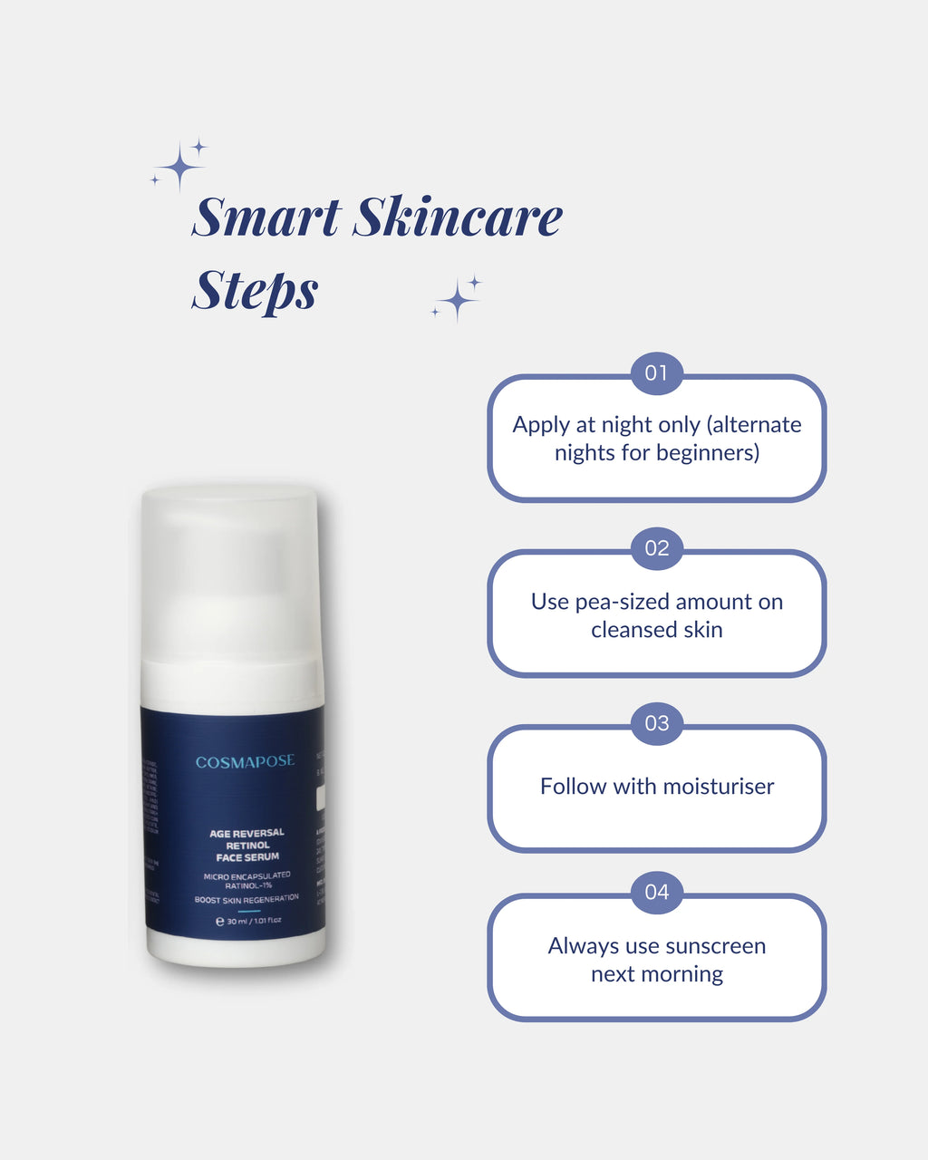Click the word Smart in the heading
pos(266,217)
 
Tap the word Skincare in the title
pos(458,217)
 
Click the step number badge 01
pos(656,373)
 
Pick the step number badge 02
pos(656,548)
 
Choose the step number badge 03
pos(656,723)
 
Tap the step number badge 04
pos(656,893)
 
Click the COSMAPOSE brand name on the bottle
pos(246,762)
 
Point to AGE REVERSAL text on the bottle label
pos(246,833)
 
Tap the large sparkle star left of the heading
pos(179,168)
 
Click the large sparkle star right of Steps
pos(458,300)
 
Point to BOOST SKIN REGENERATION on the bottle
pos(246,899)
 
